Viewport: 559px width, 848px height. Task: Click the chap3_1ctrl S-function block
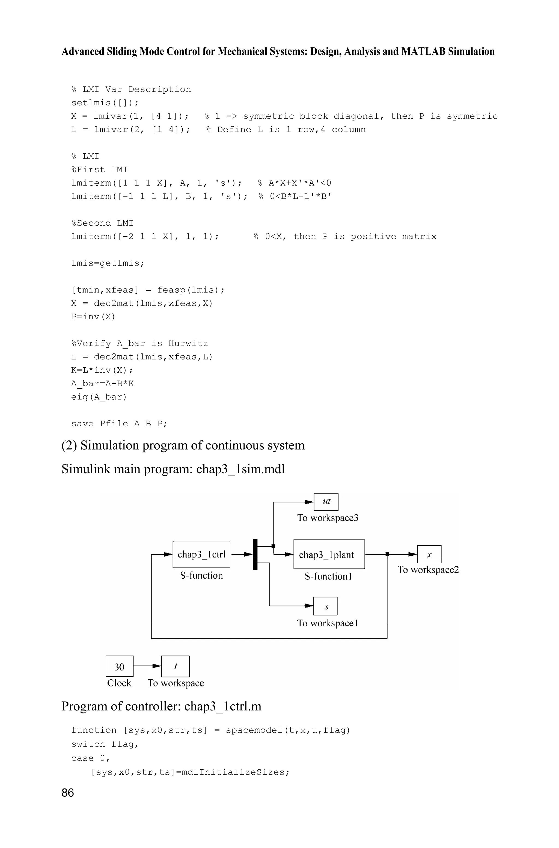[x=201, y=554]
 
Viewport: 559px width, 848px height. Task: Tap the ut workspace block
[x=326, y=502]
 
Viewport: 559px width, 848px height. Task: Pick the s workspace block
[x=325, y=606]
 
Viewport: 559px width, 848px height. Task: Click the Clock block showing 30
[x=120, y=666]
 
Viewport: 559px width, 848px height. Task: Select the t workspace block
[x=176, y=666]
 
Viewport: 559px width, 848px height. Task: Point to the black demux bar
[x=255, y=554]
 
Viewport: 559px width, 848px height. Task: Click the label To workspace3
[x=327, y=518]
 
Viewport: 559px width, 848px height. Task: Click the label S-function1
[x=328, y=576]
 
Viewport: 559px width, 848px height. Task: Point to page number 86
[x=68, y=792]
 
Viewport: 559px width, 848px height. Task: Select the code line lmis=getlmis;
[x=108, y=263]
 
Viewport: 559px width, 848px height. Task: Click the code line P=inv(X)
[x=93, y=317]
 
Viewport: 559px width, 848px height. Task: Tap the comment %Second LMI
[x=102, y=223]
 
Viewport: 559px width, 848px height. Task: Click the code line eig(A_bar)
[x=99, y=397]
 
